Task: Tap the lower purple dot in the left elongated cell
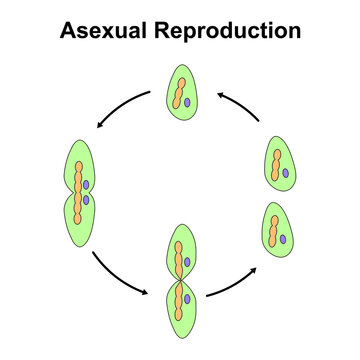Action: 87,199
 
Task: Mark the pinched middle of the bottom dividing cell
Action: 179,283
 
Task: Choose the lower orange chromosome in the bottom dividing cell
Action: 178,305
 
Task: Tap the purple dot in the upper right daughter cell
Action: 285,173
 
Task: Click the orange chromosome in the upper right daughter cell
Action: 274,163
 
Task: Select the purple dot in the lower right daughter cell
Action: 285,238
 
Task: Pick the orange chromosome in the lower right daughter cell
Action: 274,227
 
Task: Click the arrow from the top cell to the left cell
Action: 120,108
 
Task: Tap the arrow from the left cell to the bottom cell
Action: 118,276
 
